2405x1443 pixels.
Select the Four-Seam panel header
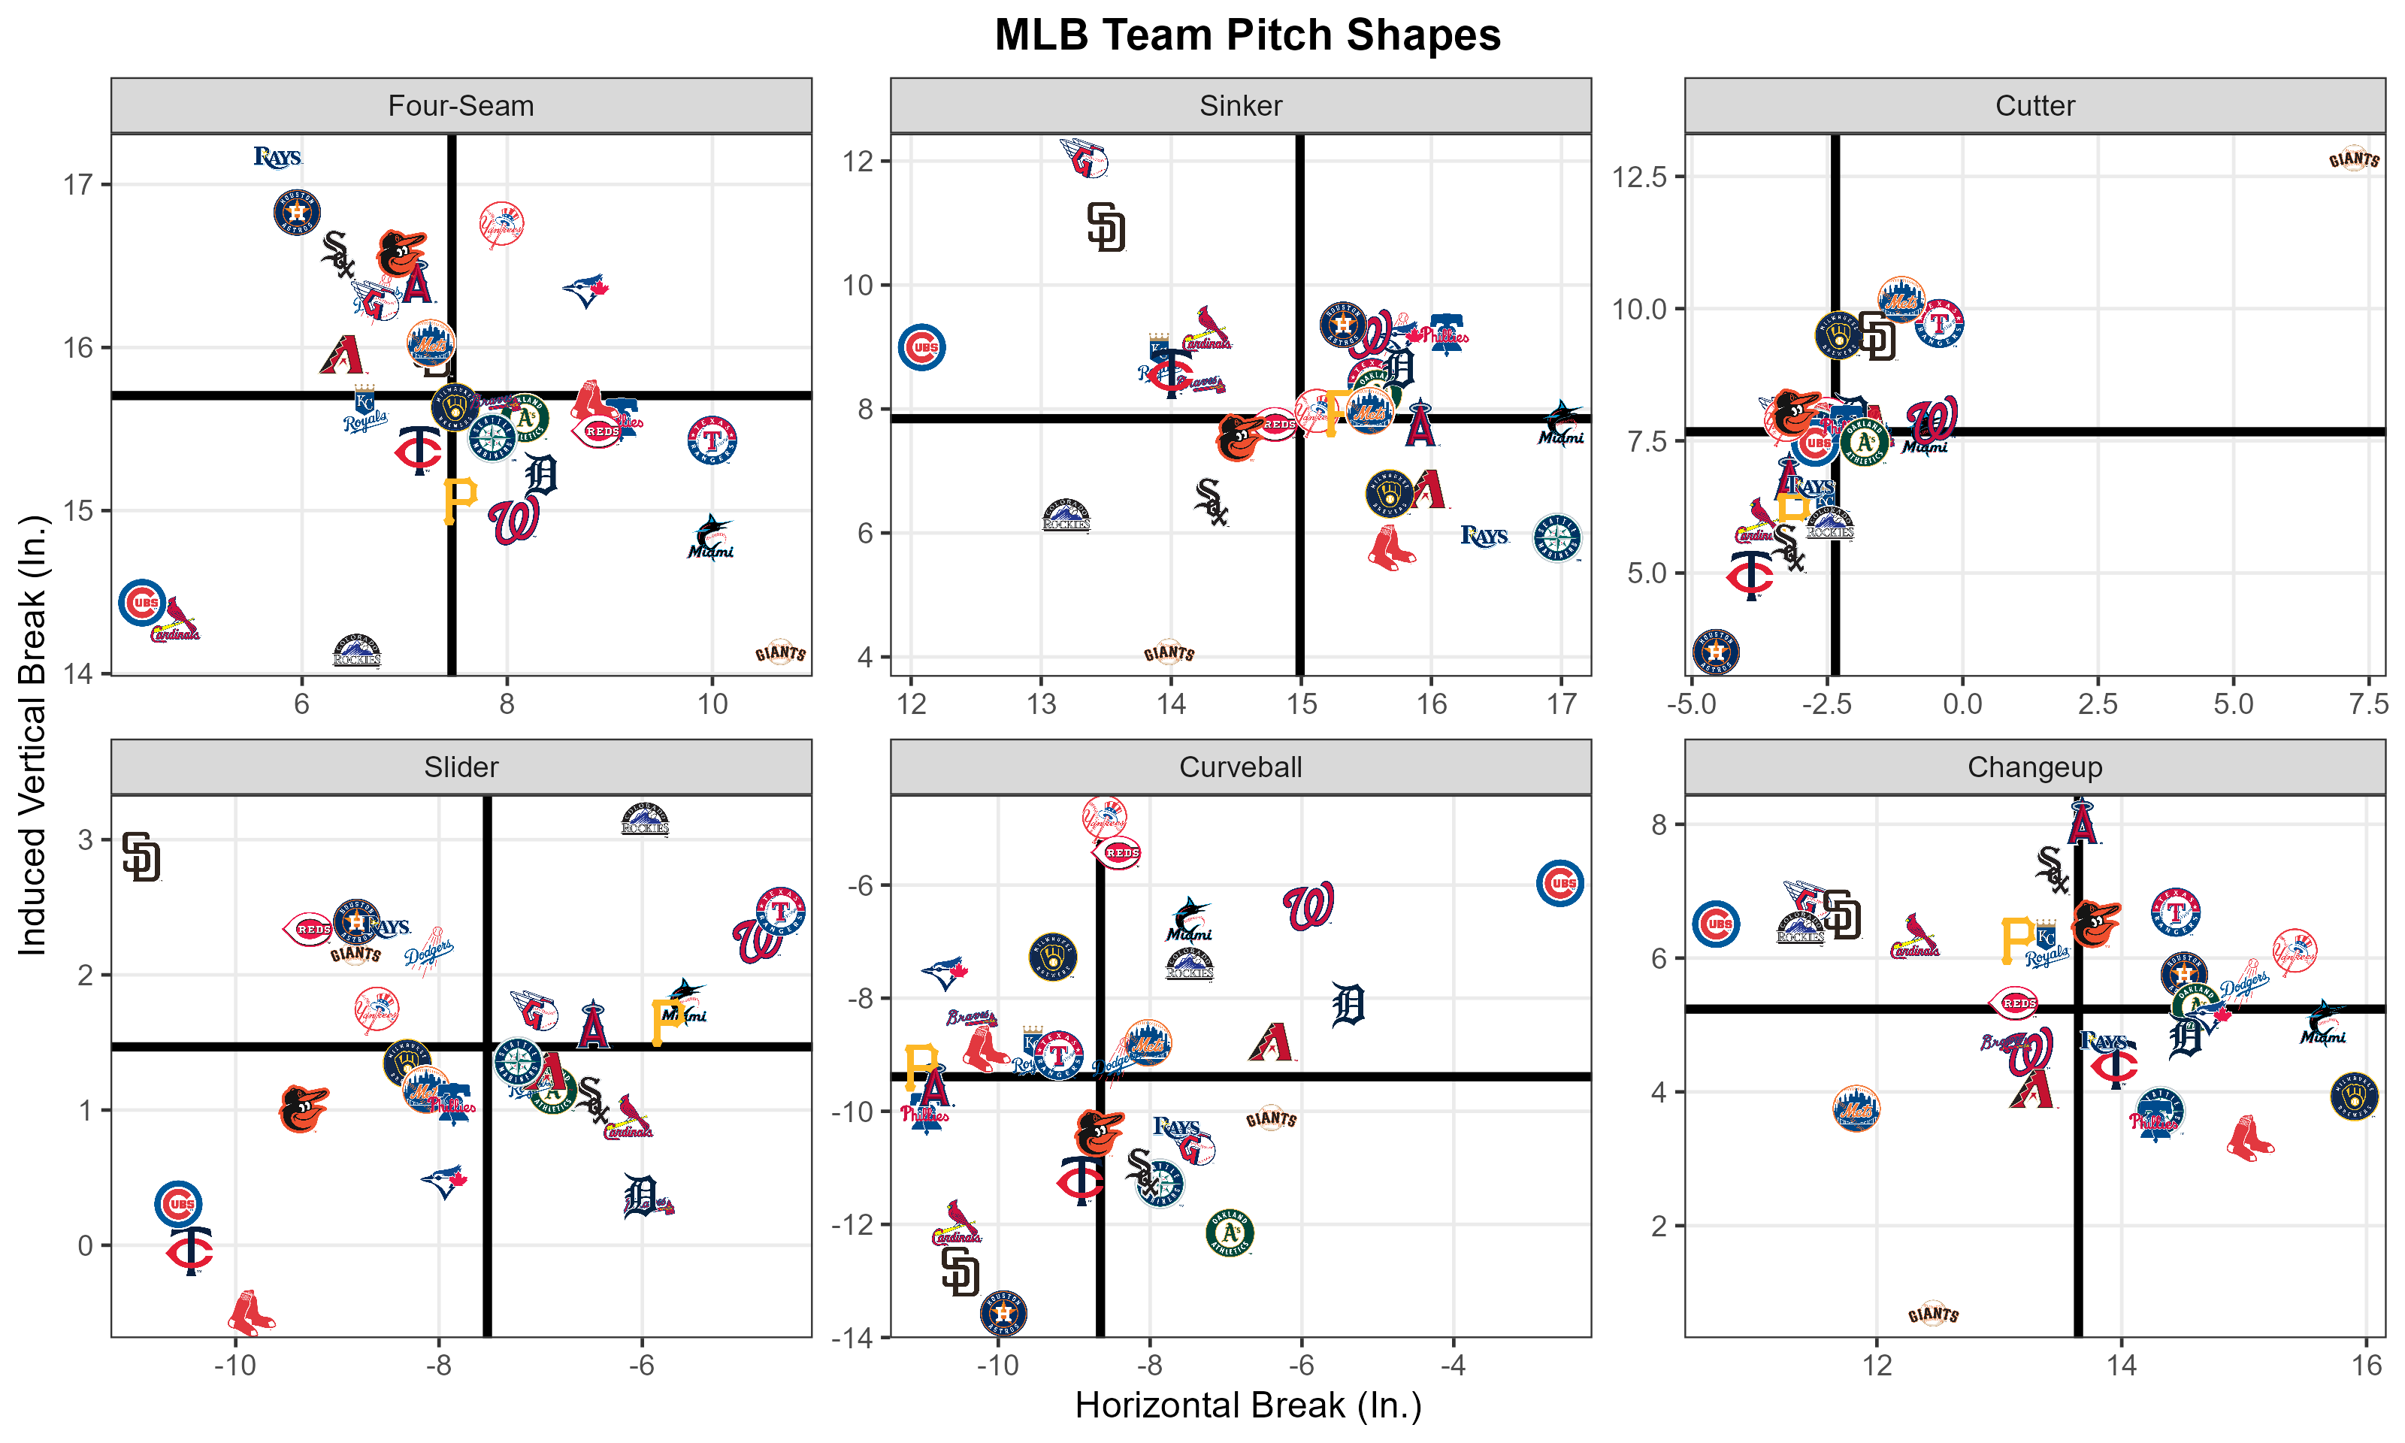coord(461,105)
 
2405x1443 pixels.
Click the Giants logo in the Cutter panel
coord(2353,159)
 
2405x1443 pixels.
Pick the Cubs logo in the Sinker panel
coord(921,347)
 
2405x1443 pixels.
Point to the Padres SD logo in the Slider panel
coord(142,857)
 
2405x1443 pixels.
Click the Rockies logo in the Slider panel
coord(645,820)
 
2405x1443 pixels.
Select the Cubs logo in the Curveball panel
coord(1560,883)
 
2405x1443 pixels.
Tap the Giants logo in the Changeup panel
coord(1932,1314)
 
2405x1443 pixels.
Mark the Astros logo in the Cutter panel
coord(1716,652)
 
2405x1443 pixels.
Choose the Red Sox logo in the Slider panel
coord(252,1313)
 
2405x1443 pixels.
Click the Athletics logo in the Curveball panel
coord(1230,1233)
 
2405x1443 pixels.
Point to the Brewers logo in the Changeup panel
coord(2353,1096)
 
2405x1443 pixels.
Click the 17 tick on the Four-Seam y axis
coord(77,185)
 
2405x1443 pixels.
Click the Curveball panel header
coord(1239,767)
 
